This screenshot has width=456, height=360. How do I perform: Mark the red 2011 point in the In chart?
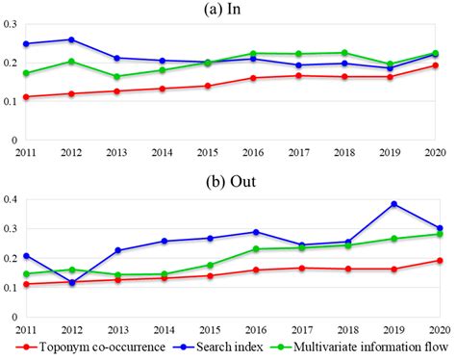[x=26, y=97]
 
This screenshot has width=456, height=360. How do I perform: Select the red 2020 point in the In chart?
[x=436, y=65]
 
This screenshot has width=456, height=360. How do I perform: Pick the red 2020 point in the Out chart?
[x=436, y=261]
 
